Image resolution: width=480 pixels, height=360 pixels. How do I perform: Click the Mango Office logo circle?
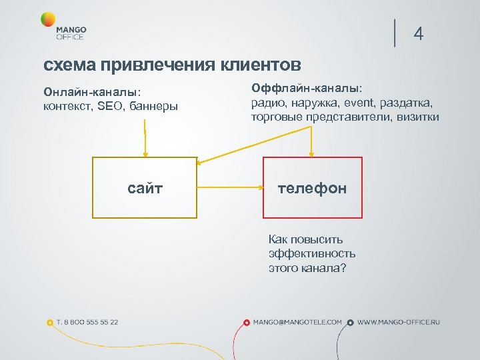click(47, 20)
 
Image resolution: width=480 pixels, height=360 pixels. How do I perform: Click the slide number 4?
click(419, 33)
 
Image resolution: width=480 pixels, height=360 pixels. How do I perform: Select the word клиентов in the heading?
click(261, 65)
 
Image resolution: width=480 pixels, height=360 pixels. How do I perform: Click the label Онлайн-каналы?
click(91, 92)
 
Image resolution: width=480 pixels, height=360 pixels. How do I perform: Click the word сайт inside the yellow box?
click(145, 189)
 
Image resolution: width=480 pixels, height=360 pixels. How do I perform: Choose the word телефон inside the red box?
click(312, 189)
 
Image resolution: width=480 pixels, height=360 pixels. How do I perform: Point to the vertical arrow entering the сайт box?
click(144, 143)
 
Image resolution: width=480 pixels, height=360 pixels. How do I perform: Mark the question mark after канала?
click(343, 268)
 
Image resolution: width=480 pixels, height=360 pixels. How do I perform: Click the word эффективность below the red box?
click(312, 253)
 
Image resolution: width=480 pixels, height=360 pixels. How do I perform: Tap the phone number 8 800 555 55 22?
click(87, 322)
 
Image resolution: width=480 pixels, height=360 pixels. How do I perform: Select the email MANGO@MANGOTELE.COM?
click(297, 322)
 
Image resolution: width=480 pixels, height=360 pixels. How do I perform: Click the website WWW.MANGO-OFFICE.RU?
click(399, 322)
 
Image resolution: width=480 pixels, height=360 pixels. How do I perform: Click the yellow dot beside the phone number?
click(50, 323)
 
